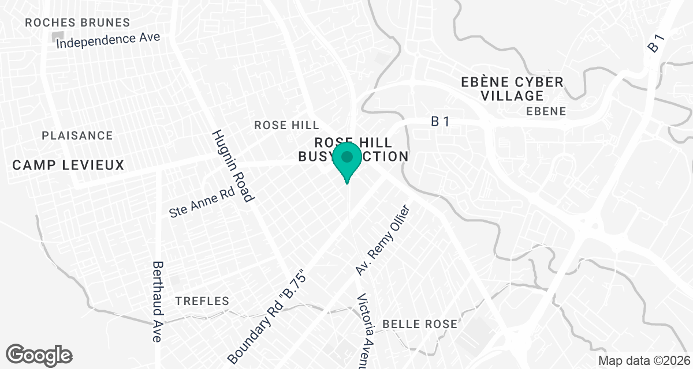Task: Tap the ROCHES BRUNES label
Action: click(78, 23)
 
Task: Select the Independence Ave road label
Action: click(108, 40)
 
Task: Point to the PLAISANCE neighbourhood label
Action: click(77, 135)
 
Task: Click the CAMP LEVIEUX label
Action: click(68, 165)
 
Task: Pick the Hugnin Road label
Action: click(233, 166)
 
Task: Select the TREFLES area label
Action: click(202, 301)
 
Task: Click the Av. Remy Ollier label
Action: click(382, 240)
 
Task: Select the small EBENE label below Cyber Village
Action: click(546, 111)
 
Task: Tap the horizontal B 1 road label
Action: click(440, 121)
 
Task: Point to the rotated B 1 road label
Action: click(657, 44)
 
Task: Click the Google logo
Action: click(39, 355)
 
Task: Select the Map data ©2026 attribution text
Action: click(643, 361)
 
